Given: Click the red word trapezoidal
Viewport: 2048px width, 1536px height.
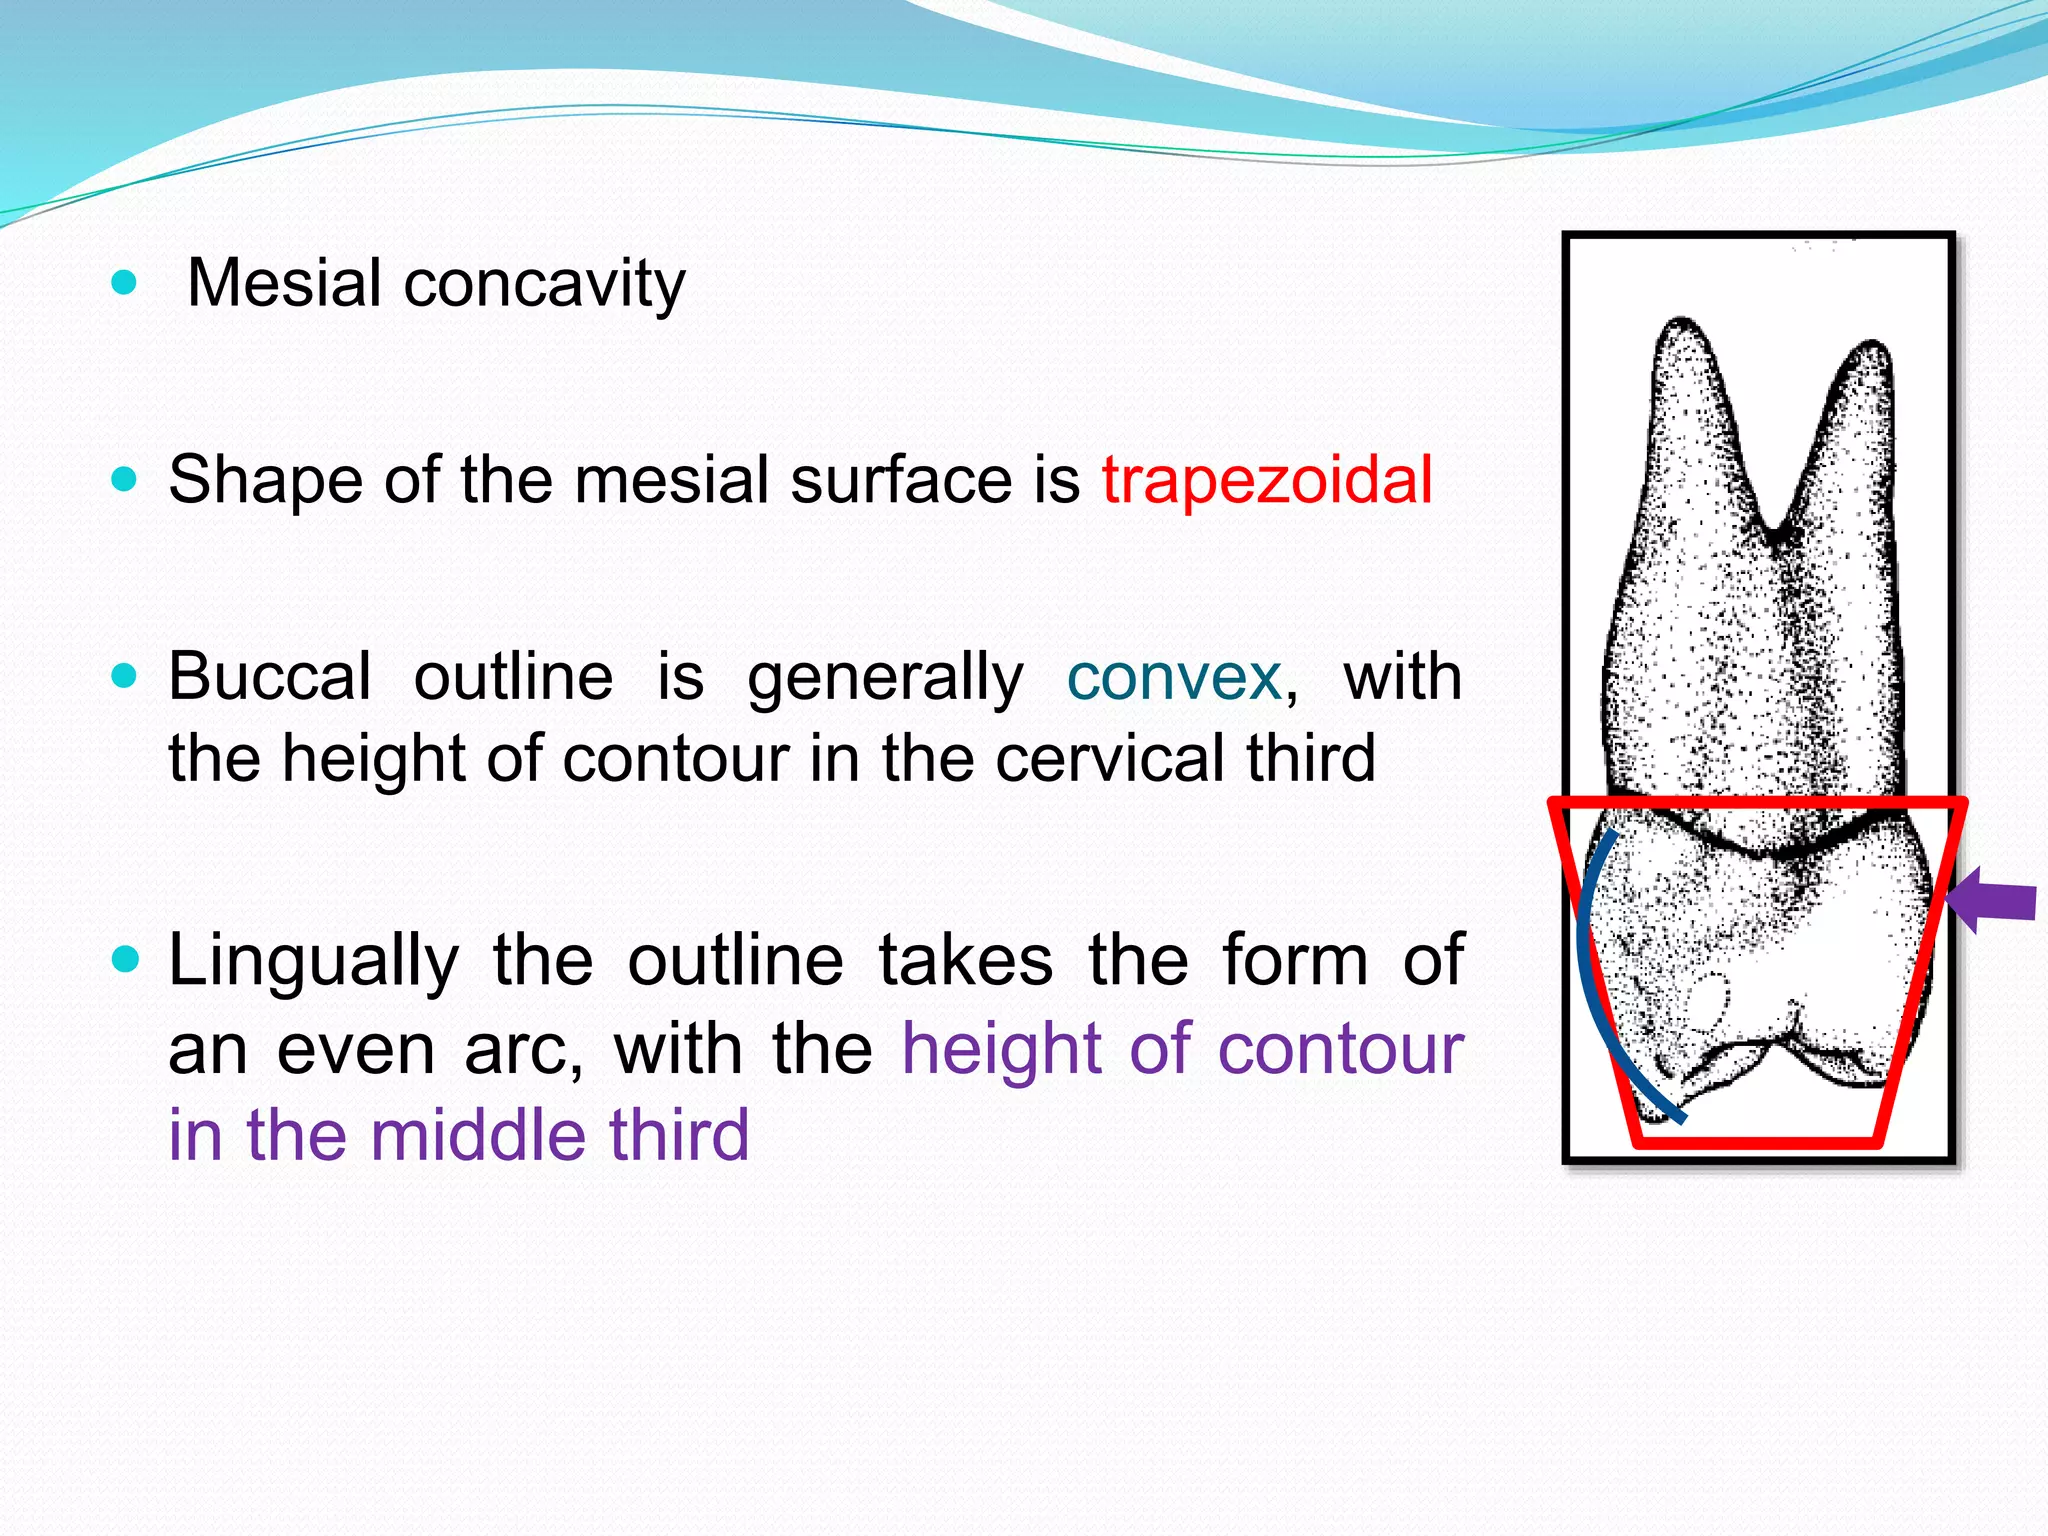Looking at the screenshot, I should click(1267, 480).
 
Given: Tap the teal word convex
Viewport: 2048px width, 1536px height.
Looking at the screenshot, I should click(1174, 677).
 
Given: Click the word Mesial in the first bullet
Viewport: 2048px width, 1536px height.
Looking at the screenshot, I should click(284, 283).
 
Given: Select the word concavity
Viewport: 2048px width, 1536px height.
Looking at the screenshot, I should click(544, 283).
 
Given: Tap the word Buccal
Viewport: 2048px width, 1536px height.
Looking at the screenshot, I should click(270, 677).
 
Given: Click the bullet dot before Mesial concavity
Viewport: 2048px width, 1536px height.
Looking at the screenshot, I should click(124, 283).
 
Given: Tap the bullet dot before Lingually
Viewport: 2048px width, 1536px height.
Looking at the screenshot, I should click(124, 961).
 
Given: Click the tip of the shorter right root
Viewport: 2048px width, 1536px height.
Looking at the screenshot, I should click(1872, 344).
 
